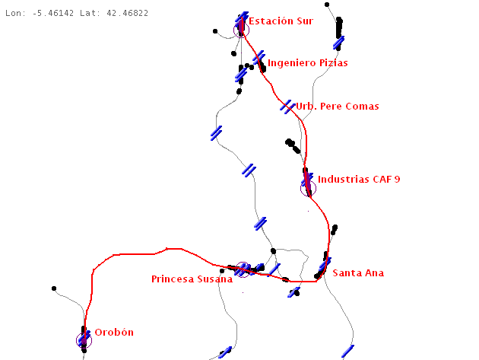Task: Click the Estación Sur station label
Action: [x=281, y=21]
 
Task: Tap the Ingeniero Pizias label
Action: [x=307, y=63]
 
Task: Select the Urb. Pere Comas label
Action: [x=337, y=107]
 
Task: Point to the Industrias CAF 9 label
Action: [x=358, y=180]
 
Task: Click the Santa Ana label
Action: [x=358, y=273]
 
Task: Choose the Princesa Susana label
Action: [x=192, y=279]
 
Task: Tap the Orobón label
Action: [x=113, y=333]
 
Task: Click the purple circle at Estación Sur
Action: [x=241, y=29]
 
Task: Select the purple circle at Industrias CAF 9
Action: [x=308, y=187]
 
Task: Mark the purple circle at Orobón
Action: [x=84, y=340]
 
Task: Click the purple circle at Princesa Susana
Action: [x=243, y=269]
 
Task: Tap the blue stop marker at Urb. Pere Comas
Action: [x=287, y=106]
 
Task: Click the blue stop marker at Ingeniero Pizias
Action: [x=259, y=57]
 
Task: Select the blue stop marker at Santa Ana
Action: [x=325, y=264]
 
